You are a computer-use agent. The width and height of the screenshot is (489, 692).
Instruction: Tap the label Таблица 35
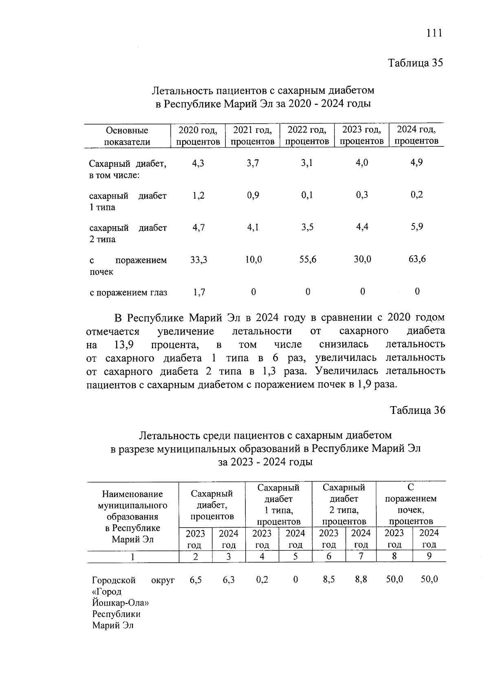[x=415, y=63]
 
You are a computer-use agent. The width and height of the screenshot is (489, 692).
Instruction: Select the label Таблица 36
[x=418, y=410]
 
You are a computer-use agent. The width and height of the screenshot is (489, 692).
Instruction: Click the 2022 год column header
[x=307, y=135]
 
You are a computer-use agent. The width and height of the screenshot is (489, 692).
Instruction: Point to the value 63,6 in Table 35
[x=417, y=259]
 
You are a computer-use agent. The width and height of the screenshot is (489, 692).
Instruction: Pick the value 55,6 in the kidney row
[x=308, y=259]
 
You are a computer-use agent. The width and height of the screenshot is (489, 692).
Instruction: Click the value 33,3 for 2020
[x=198, y=259]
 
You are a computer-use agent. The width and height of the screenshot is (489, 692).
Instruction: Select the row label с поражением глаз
[x=128, y=292]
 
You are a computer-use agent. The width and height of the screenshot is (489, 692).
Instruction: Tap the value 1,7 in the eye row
[x=199, y=292]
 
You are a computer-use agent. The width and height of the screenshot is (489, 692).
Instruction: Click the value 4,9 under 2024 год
[x=416, y=162]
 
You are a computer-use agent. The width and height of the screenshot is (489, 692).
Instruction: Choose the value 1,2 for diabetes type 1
[x=198, y=195]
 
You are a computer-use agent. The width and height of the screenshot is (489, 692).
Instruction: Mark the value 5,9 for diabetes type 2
[x=416, y=226]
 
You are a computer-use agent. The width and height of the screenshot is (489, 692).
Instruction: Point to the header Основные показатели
[x=127, y=136]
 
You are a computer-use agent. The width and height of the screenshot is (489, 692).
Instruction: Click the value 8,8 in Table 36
[x=361, y=579]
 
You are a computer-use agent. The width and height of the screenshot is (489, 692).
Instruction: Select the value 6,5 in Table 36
[x=196, y=579]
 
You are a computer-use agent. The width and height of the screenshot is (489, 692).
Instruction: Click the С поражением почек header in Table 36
[x=411, y=504]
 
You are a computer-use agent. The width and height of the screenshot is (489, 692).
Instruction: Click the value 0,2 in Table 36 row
[x=262, y=579]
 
